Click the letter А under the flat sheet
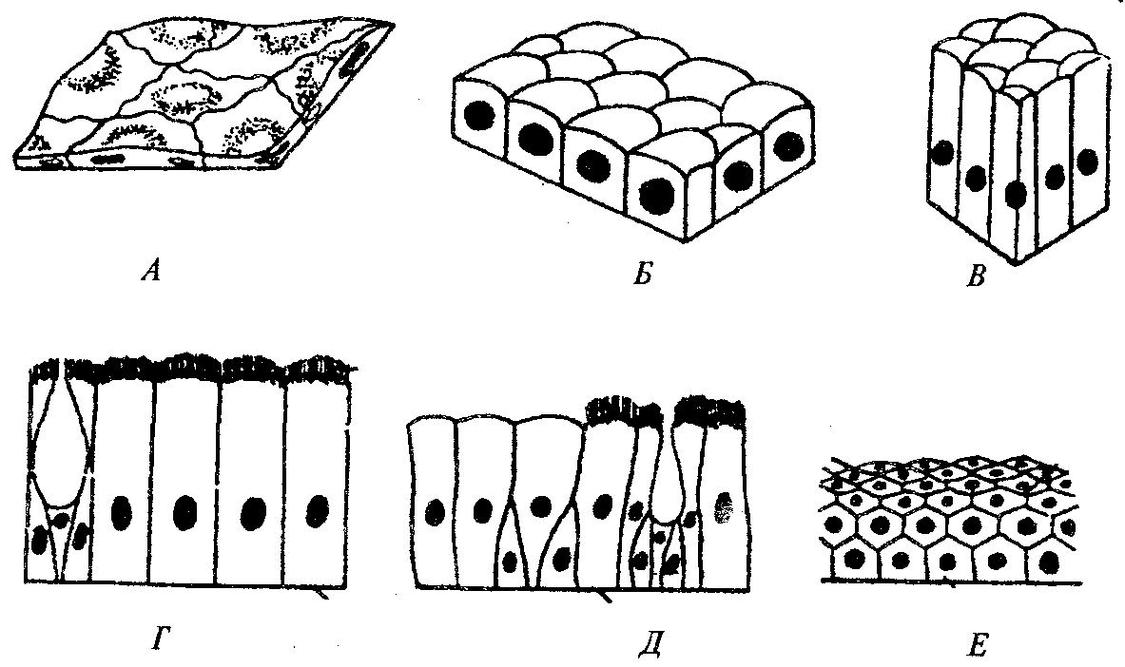coord(151,272)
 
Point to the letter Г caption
coord(159,638)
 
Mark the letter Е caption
coord(978,645)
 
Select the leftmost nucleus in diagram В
coord(942,153)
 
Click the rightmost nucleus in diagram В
coord(1088,161)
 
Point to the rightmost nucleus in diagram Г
coord(317,512)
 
